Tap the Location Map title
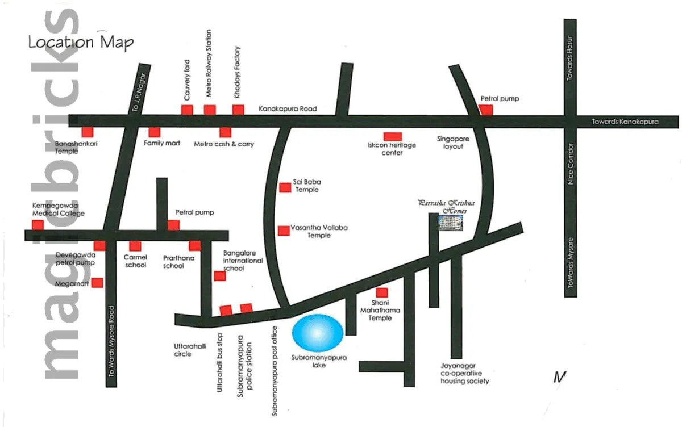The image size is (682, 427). click(81, 42)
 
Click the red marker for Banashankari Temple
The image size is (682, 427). click(87, 132)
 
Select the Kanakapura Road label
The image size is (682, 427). click(288, 108)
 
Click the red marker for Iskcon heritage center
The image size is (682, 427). click(392, 136)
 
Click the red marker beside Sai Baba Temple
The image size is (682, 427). click(285, 187)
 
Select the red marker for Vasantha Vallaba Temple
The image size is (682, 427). click(283, 231)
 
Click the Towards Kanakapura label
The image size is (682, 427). click(625, 122)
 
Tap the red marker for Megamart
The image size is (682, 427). click(98, 282)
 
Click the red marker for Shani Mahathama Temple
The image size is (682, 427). click(382, 292)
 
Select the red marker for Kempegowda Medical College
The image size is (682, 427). click(38, 225)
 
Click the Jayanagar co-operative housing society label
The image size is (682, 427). click(464, 374)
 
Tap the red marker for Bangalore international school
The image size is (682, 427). click(219, 276)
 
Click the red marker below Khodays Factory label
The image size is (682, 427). click(238, 110)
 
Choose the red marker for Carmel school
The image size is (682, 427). click(135, 246)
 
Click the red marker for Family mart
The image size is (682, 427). click(154, 132)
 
